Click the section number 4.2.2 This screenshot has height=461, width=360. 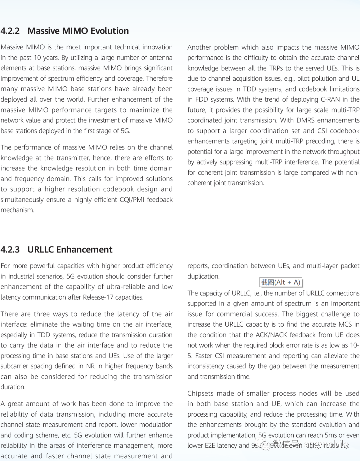coord(10,31)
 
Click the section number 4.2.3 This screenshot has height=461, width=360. coord(10,250)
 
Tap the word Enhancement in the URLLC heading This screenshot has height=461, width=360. coord(84,250)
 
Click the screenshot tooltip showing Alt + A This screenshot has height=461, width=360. coord(281,283)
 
